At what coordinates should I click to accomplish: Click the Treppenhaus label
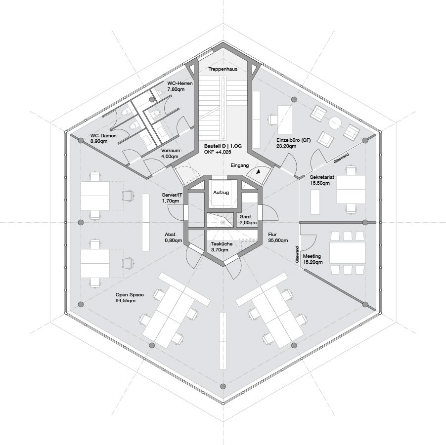[223, 69]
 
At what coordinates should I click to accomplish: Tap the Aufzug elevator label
[221, 193]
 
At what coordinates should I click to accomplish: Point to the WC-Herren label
[180, 83]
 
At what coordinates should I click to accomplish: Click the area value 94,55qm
[126, 301]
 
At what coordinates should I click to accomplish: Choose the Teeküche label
[222, 244]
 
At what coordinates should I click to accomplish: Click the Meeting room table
[347, 252]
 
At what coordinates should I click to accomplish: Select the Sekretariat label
[322, 177]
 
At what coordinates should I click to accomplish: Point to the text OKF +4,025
[218, 152]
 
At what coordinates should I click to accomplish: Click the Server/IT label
[172, 195]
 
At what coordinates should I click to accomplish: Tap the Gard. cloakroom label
[246, 217]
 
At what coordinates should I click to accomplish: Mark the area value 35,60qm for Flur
[278, 241]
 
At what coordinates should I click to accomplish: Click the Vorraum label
[171, 150]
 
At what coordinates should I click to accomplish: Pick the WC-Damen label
[103, 135]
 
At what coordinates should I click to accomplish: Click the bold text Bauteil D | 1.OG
[223, 146]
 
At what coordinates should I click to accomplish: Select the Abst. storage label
[171, 235]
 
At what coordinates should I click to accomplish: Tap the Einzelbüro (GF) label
[294, 140]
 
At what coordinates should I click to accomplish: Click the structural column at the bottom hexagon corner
[223, 386]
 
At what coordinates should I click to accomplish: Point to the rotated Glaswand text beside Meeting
[297, 254]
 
